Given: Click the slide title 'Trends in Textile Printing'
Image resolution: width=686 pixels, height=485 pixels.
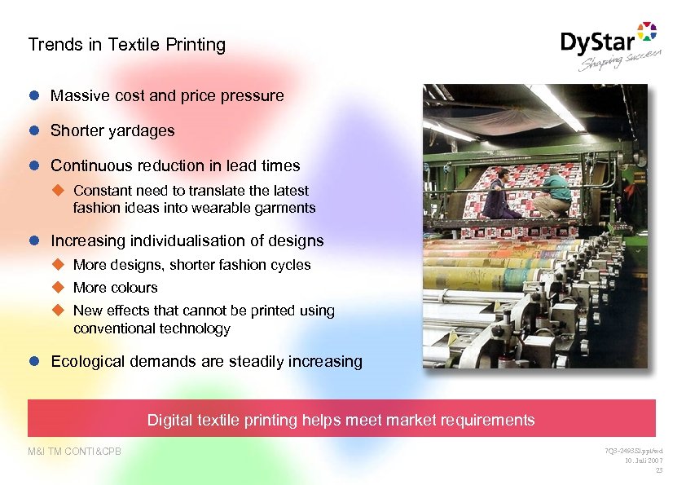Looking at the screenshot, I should click(126, 45).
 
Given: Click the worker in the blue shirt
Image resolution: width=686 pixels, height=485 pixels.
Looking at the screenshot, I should click(499, 195).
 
